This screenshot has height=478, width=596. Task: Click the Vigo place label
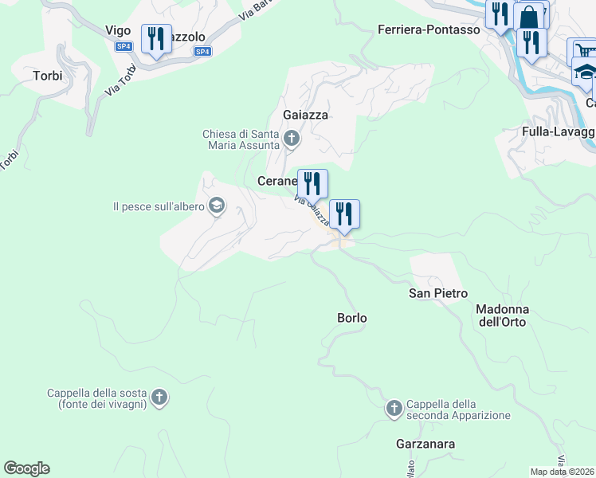(x=118, y=30)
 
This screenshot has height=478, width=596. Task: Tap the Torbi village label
(x=47, y=76)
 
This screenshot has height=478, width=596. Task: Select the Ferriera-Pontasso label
(x=428, y=29)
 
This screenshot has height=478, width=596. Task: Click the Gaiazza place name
(x=306, y=115)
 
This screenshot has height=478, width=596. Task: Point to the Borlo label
(x=352, y=318)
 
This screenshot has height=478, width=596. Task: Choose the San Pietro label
(x=438, y=293)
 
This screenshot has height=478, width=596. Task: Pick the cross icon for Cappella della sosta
(x=159, y=398)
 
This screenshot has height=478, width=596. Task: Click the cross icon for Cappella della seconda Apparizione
(x=394, y=409)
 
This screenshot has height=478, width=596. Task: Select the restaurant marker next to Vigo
(x=156, y=38)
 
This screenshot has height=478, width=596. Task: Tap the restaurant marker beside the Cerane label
(x=312, y=183)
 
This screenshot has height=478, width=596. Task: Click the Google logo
(x=26, y=468)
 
